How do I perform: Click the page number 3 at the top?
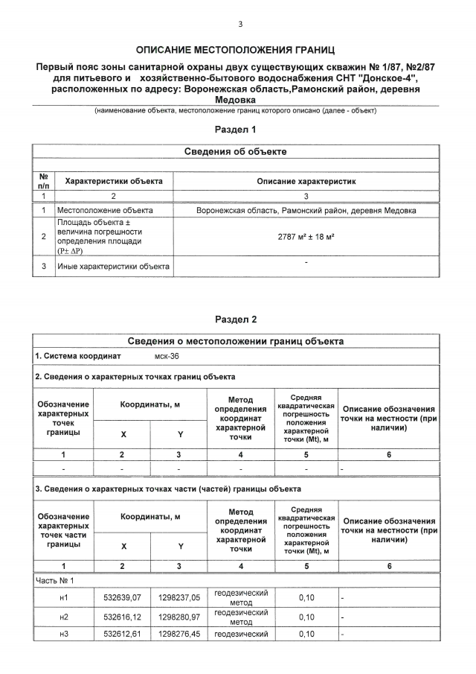(240, 24)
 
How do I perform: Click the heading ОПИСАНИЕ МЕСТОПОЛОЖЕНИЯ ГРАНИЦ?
(236, 51)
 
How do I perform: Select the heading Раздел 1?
(236, 129)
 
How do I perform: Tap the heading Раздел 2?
(236, 319)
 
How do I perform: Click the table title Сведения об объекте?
(236, 151)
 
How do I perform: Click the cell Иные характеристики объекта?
(113, 266)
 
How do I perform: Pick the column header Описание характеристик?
(306, 181)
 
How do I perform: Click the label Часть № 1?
(55, 579)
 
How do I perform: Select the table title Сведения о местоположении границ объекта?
(236, 341)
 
